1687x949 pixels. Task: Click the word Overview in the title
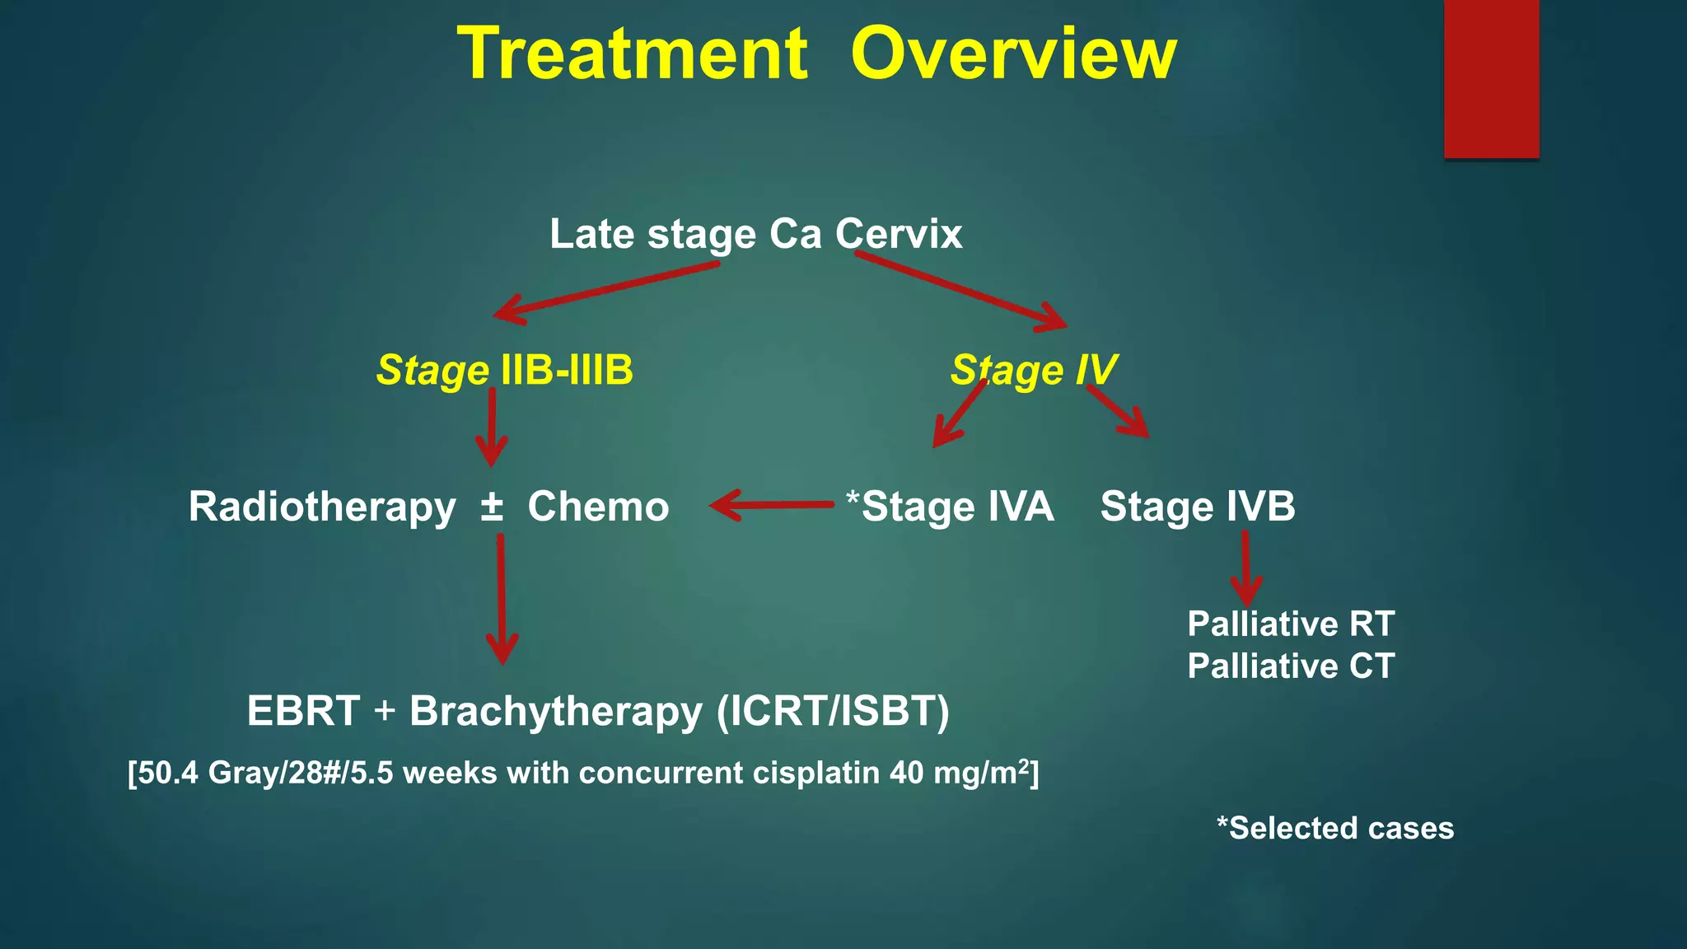tap(1013, 54)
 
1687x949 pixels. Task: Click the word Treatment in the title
tap(632, 54)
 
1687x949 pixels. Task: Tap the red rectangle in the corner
tap(1491, 78)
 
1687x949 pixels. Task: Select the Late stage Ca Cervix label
tap(755, 234)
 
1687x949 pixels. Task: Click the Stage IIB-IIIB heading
tap(504, 370)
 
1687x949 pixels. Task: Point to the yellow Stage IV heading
tap(1033, 370)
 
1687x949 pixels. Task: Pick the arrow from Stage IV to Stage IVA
tap(959, 414)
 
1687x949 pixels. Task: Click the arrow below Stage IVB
tap(1245, 568)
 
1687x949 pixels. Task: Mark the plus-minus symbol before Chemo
tap(492, 506)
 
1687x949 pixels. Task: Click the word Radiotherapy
tap(322, 507)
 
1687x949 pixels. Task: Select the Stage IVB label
tap(1197, 507)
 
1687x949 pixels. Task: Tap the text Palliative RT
tap(1290, 624)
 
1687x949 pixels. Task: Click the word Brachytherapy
tap(556, 712)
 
